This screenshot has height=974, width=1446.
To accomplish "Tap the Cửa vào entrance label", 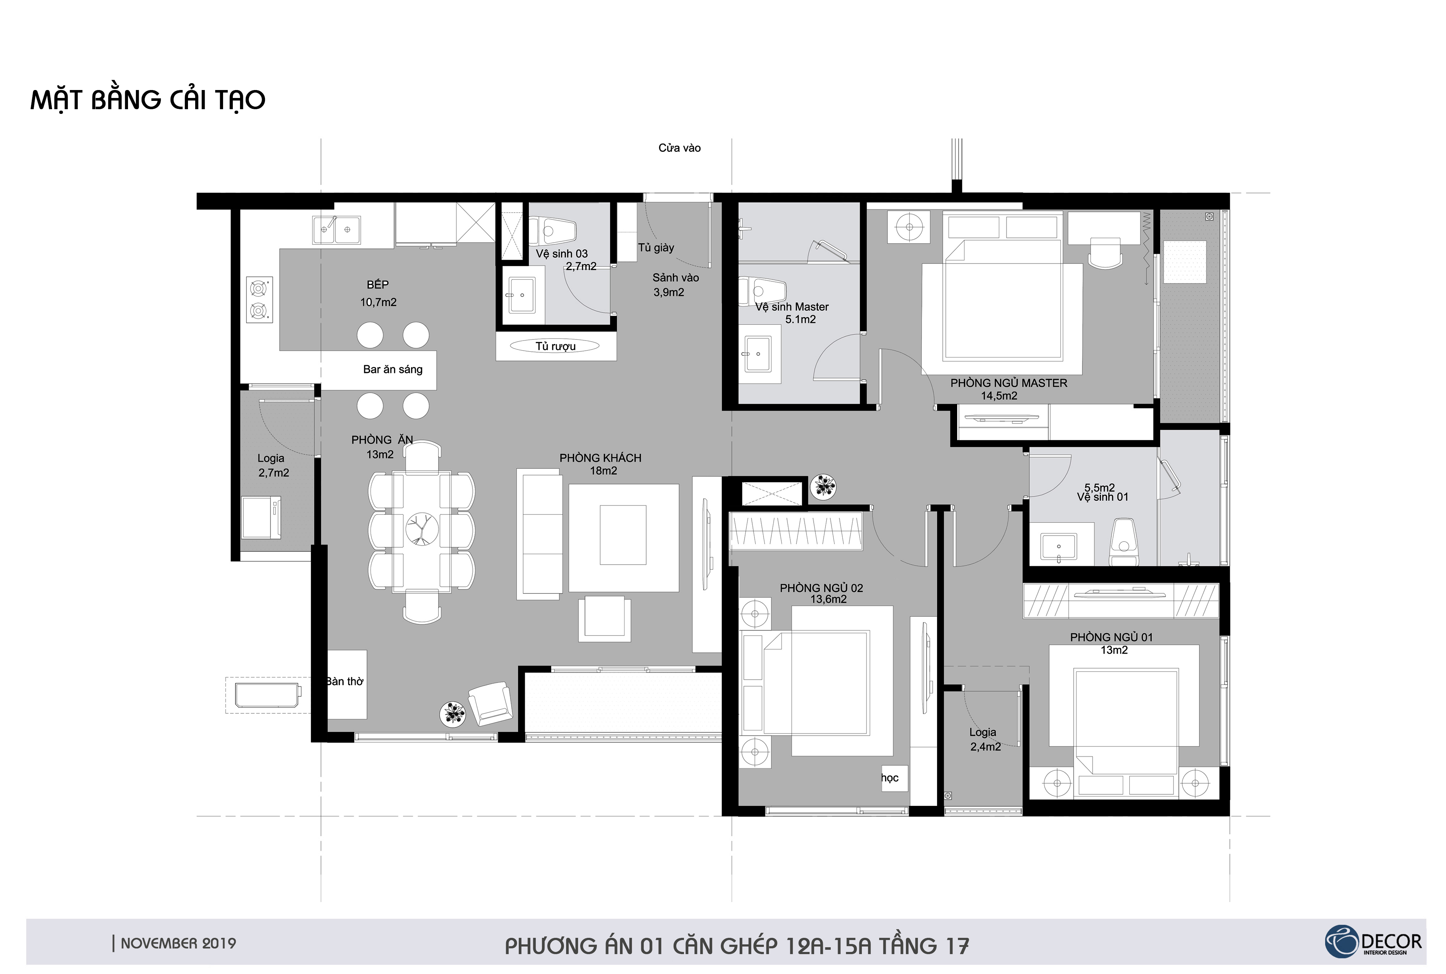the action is pyautogui.click(x=680, y=148).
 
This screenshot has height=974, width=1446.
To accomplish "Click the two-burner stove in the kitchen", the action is pyautogui.click(x=259, y=299).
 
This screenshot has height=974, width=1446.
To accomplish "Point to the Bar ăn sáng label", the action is pyautogui.click(x=393, y=369).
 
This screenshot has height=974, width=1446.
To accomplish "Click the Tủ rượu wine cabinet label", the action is pyautogui.click(x=555, y=346).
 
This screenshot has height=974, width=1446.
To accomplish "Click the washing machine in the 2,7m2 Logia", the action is pyautogui.click(x=261, y=517).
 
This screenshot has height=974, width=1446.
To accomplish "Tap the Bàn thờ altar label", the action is pyautogui.click(x=345, y=682).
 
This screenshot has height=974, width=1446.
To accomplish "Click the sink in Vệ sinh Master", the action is pyautogui.click(x=757, y=354).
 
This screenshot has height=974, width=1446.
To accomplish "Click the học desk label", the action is pyautogui.click(x=890, y=778).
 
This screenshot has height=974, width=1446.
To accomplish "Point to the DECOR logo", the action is pyautogui.click(x=1373, y=942).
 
